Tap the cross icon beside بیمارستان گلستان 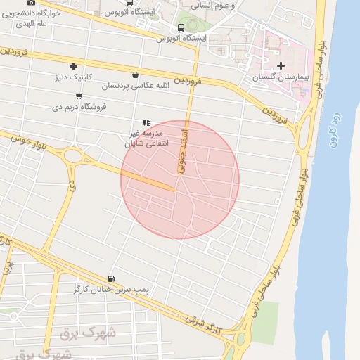point(281,66)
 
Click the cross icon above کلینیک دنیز point(73,67)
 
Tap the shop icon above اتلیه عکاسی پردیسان point(134,74)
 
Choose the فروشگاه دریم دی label point(79,107)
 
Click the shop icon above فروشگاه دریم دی point(78,96)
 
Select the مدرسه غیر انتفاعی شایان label point(147,137)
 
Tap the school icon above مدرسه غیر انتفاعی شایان point(146,122)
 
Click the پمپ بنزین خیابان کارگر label point(111,289)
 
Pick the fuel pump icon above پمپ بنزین point(111,278)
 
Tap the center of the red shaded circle point(180,180)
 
